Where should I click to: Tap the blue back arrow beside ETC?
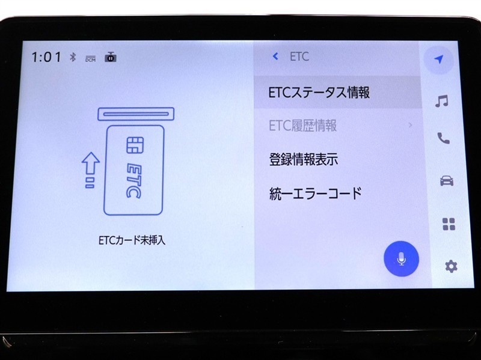click(275, 56)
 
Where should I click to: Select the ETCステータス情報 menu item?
click(319, 93)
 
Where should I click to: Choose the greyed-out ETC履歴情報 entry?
click(303, 126)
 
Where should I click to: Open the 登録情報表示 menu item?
click(304, 159)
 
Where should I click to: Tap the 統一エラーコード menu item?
click(316, 194)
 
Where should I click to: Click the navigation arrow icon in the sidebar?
click(440, 59)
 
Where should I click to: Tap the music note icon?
click(442, 101)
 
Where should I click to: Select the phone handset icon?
click(444, 138)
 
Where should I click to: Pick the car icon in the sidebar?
click(447, 181)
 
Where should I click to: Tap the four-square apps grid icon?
click(449, 224)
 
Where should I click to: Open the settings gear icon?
click(452, 266)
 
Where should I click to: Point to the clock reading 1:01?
click(46, 57)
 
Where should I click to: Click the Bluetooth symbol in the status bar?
click(73, 57)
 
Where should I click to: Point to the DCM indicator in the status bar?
click(91, 59)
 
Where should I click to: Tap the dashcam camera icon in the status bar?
click(111, 57)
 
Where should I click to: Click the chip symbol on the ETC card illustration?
click(135, 145)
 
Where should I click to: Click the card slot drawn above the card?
click(136, 114)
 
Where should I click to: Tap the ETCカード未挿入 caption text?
click(132, 240)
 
